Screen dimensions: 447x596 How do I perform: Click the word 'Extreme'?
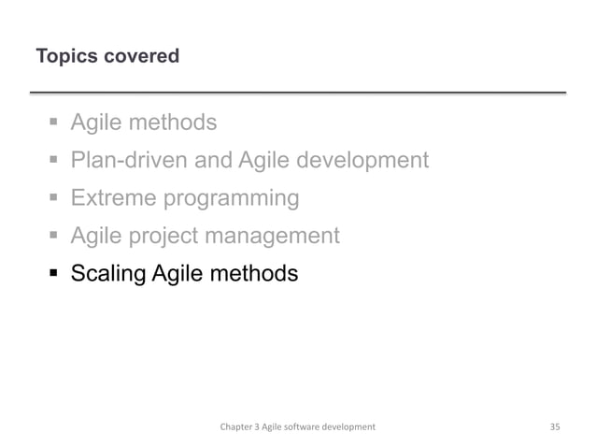[113, 199]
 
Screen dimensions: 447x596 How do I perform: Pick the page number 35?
[555, 426]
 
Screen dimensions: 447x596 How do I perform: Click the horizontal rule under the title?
[298, 94]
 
